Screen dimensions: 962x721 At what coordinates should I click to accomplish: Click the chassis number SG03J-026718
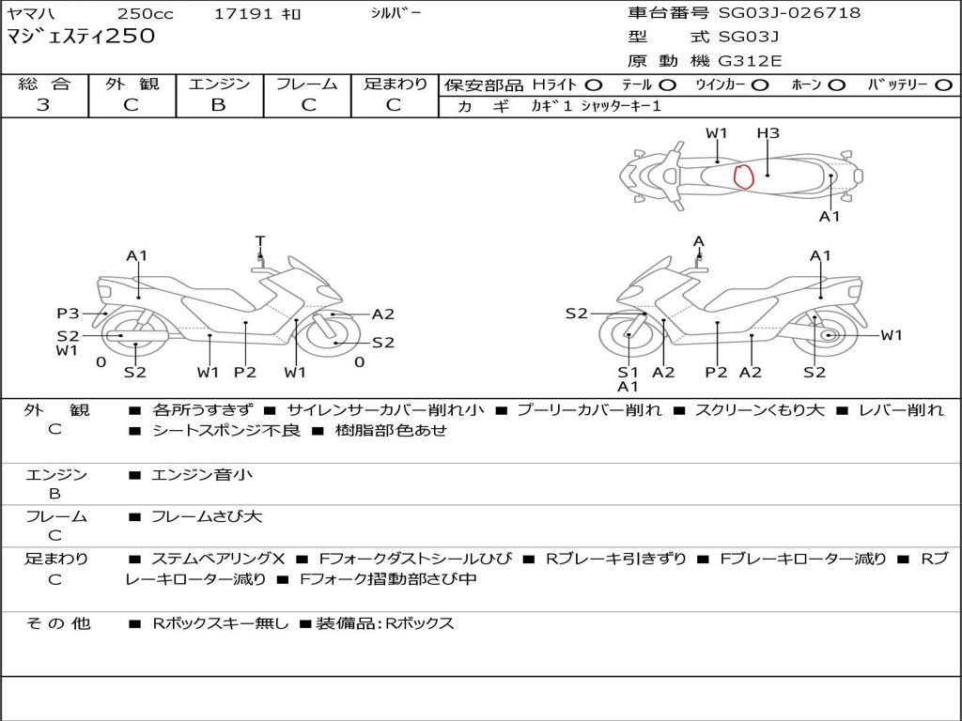789,12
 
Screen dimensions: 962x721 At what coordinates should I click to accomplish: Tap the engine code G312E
750,61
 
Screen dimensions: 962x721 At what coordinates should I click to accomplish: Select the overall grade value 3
43,105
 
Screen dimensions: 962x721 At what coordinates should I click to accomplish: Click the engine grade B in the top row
218,105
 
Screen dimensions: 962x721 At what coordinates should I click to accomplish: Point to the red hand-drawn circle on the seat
744,176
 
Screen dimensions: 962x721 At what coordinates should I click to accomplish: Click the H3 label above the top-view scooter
768,133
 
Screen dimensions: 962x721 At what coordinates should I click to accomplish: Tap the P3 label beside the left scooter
68,314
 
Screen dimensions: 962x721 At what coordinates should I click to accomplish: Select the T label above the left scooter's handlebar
260,241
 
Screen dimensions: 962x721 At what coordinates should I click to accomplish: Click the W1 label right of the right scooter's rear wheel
892,335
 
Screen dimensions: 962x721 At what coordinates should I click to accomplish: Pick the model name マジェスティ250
81,36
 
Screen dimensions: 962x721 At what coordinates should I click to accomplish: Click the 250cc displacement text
146,13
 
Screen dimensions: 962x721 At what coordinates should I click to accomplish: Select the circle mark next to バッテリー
943,85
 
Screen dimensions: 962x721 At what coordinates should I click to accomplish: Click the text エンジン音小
202,474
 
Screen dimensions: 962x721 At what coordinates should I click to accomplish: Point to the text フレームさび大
207,517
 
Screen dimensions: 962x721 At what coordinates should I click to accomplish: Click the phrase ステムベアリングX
218,559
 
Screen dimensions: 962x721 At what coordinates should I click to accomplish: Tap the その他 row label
58,623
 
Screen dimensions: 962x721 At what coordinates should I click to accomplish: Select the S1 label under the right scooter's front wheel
628,372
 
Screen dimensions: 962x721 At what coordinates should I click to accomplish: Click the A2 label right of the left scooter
383,314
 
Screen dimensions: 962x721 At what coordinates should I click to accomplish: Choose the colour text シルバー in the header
396,12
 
